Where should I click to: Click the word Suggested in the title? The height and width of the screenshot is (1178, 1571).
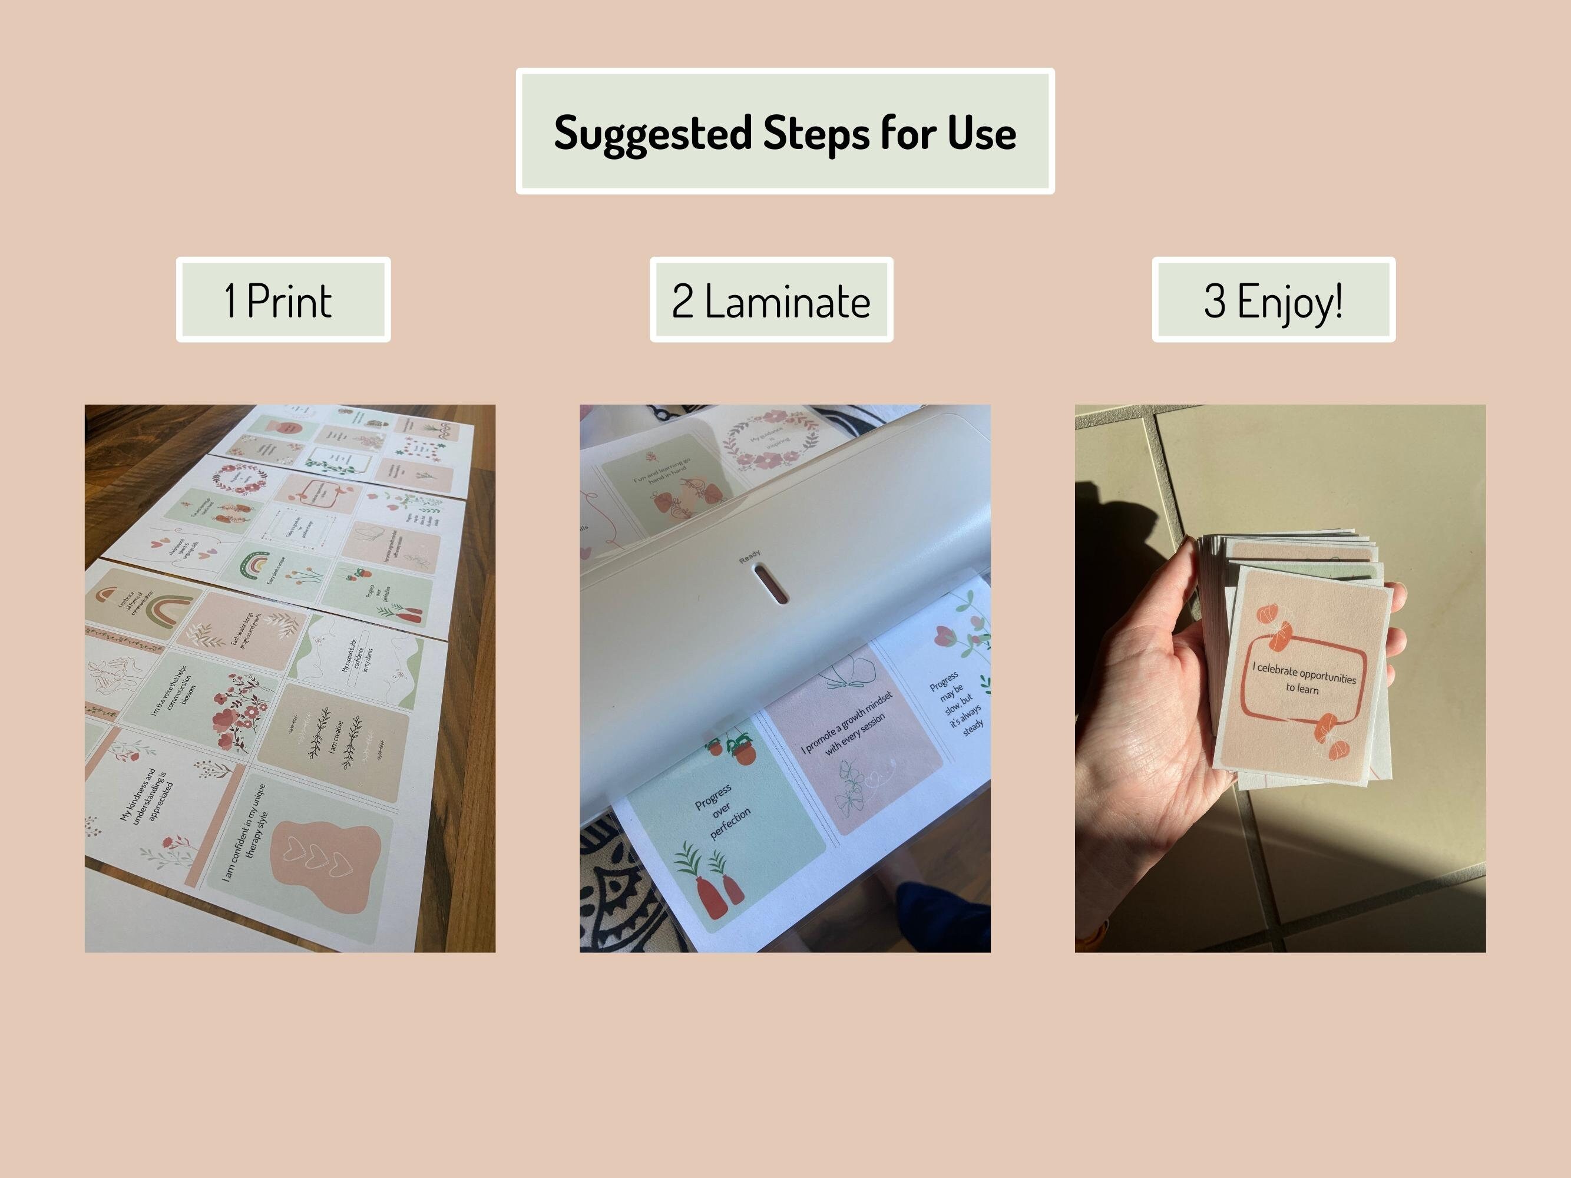[x=652, y=134]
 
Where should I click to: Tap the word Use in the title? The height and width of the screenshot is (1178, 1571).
[x=981, y=134]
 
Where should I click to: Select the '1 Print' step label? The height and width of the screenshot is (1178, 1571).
[x=283, y=300]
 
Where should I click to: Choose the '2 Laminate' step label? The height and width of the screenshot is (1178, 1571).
[x=770, y=300]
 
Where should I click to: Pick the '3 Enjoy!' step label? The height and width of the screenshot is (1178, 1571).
[x=1273, y=300]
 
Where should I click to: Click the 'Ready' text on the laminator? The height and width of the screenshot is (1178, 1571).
[x=749, y=557]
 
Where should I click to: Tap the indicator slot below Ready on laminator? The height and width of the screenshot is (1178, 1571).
[x=770, y=584]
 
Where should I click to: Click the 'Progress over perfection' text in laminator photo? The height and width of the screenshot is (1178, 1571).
[x=722, y=812]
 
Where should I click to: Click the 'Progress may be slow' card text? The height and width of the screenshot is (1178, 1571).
[x=955, y=703]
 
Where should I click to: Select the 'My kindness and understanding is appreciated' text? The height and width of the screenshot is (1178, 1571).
[x=147, y=795]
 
